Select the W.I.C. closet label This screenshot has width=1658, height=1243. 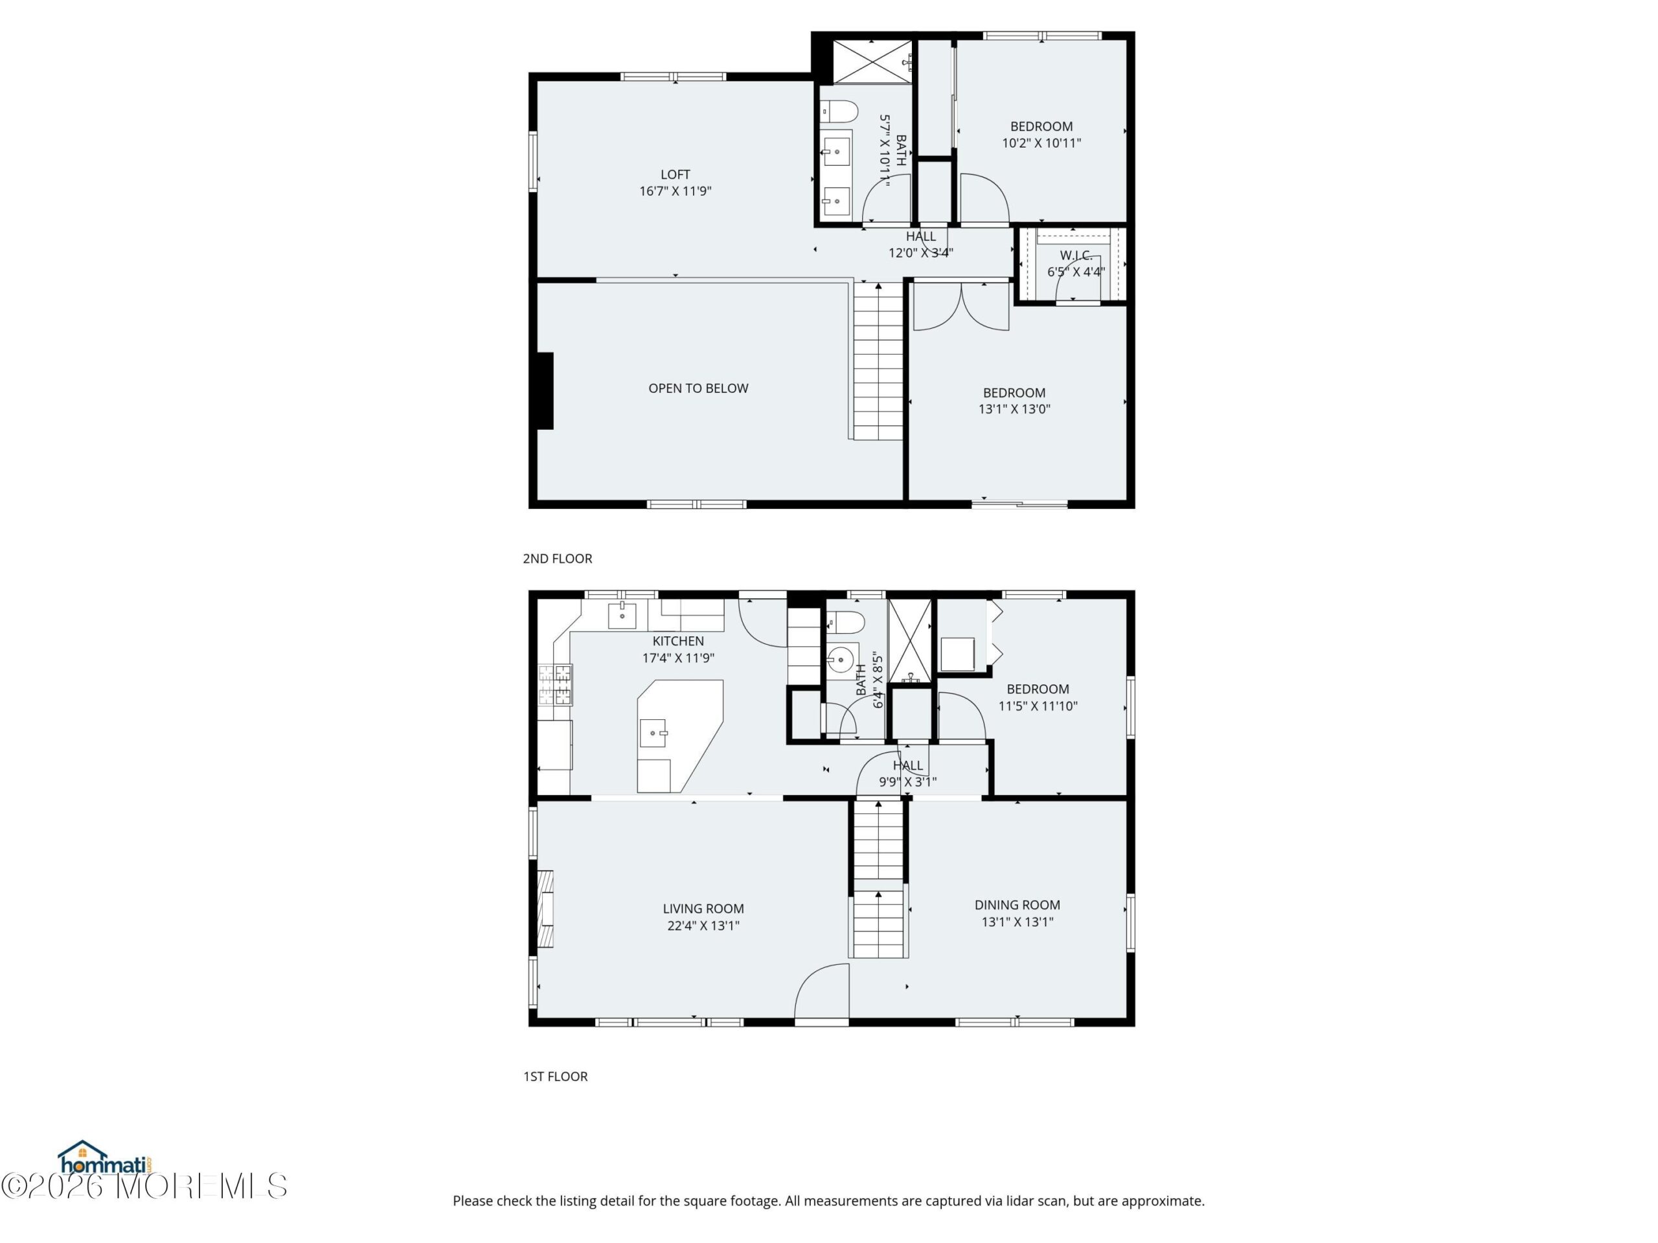coord(1076,256)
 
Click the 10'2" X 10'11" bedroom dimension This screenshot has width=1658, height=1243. coord(1041,143)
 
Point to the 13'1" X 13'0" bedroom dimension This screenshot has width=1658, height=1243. coord(1014,409)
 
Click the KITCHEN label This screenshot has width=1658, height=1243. coord(677,642)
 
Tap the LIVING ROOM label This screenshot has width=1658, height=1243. coord(703,909)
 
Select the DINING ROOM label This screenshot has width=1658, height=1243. coord(1017,905)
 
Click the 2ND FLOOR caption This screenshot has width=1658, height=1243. coord(557,558)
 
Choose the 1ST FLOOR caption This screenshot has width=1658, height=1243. coord(556,1076)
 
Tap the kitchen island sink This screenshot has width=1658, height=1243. coord(653,733)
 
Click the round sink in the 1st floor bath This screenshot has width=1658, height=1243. coord(843,658)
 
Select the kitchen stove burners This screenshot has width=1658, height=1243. coord(556,685)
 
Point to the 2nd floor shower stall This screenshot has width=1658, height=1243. coord(872,62)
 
